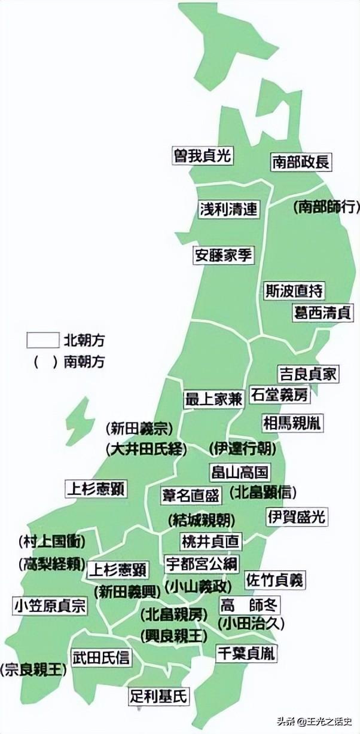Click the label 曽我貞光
coord(202,155)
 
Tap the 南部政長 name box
coord(301,161)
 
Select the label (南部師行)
coord(327,207)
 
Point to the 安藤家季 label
coord(224,255)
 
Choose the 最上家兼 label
coord(213,399)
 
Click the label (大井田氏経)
coord(147,449)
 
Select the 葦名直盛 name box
coord(192,496)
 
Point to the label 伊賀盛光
coord(297,516)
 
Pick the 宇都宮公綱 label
coord(202,563)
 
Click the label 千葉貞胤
coord(247,653)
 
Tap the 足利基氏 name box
coord(158,696)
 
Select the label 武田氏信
coord(101,657)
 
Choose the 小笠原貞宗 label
coord(50,606)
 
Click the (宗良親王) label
coord(34,670)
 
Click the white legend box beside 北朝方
coord(43,340)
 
